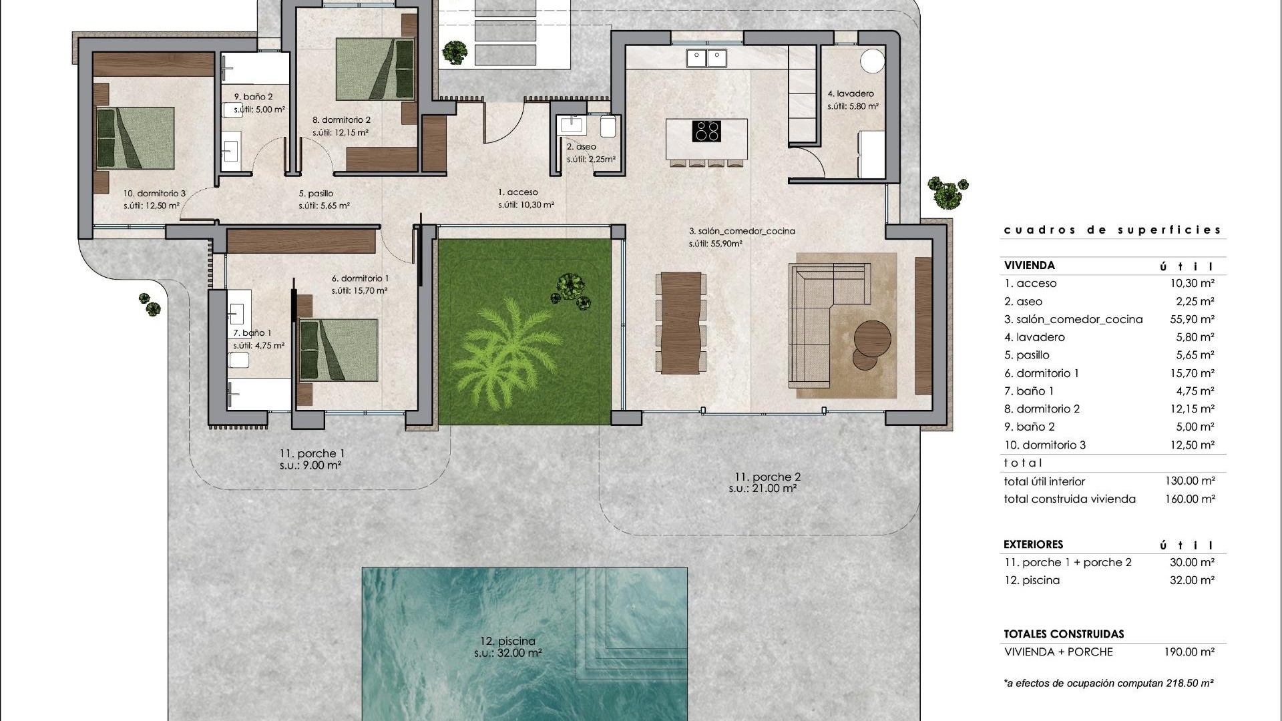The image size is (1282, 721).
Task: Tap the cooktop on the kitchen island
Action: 706,130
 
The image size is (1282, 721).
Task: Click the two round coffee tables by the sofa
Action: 869,343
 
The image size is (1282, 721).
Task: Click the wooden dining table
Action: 680,322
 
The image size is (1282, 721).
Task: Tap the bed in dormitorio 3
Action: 136,138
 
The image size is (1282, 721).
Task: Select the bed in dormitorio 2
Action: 375,69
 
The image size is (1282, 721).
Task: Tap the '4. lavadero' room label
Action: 851,94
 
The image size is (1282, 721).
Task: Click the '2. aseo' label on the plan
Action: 581,147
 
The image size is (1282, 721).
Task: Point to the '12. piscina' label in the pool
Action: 507,642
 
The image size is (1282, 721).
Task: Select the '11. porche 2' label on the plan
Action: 767,477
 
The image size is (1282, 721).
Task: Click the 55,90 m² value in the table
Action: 1192,319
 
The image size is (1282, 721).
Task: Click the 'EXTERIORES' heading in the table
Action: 1033,544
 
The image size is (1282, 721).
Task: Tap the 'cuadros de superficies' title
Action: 1112,230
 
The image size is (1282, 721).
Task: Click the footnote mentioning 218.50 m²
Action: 1108,683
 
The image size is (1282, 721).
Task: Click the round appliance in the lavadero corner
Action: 871,61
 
